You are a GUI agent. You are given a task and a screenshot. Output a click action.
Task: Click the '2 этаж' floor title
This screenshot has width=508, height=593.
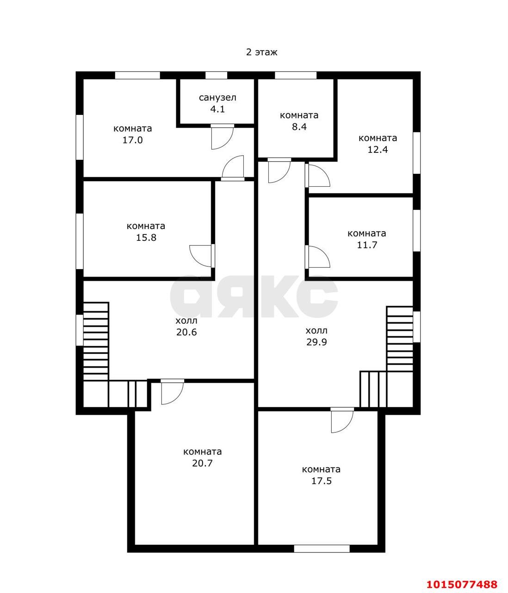coord(261,52)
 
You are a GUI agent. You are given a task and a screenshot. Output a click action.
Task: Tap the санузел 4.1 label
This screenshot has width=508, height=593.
coord(217,103)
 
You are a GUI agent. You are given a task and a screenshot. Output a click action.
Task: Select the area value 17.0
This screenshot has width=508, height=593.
coord(133,140)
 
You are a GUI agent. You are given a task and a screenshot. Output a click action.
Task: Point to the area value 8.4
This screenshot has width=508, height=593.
coord(299,127)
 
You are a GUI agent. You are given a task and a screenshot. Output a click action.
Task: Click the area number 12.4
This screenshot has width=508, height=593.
coord(378,150)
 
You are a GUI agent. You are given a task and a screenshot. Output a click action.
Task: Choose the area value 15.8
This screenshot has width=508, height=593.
coord(146,238)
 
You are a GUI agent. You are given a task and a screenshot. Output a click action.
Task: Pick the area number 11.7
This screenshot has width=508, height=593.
coord(367,245)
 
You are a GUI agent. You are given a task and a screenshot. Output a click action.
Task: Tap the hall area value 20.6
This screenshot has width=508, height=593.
coord(186,332)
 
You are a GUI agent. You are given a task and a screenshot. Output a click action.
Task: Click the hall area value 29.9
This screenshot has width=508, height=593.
coord(316,342)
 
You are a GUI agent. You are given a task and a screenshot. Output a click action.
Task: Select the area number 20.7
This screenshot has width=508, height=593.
coord(202,463)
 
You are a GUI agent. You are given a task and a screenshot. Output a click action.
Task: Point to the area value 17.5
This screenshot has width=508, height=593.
coord(322,481)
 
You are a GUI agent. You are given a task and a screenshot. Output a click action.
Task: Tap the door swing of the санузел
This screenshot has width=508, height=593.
coord(223,137)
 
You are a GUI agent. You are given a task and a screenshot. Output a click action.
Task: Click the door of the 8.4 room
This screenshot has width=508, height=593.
coord(279,170)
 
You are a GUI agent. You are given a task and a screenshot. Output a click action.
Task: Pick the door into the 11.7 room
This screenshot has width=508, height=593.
coord(317,257)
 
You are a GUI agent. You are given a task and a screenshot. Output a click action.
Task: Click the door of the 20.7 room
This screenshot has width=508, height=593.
coord(173,392)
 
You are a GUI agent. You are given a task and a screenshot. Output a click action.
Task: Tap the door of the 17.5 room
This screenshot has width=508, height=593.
coord(342,420)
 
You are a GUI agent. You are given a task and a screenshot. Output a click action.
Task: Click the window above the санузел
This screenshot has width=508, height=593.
coord(217,76)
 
